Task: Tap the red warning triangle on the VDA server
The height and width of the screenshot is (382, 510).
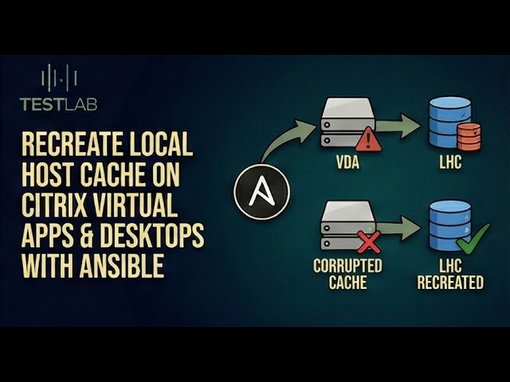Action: [x=368, y=140]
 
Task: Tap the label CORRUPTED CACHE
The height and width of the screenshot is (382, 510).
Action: [x=347, y=274]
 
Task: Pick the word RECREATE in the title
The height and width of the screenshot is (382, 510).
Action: [x=65, y=146]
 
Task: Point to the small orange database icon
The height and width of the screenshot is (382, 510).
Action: [x=470, y=136]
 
